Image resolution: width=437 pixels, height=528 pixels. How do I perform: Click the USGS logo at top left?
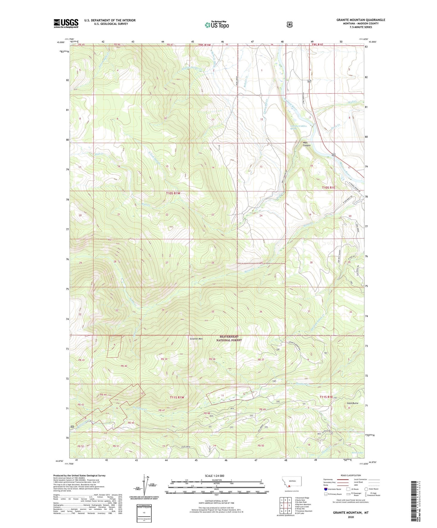66,23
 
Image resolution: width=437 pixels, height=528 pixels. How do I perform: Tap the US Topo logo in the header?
216,25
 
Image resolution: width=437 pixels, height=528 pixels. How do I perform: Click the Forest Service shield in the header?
289,24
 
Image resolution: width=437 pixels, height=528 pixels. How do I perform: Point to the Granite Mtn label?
196,339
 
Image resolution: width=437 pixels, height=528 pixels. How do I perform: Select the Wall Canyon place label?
307,144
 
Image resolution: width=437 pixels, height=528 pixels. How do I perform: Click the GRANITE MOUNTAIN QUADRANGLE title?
360,20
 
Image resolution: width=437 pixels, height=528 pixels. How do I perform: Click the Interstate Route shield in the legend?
325,489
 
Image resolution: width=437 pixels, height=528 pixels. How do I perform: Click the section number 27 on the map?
167,262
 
